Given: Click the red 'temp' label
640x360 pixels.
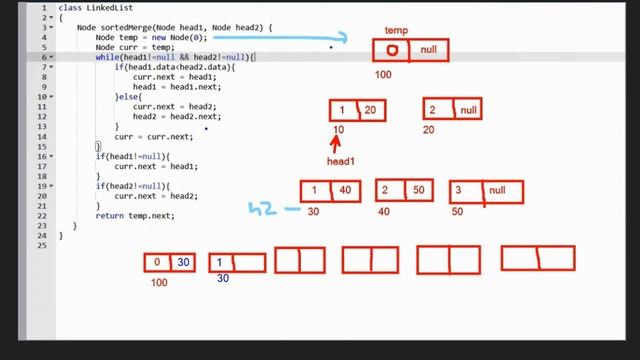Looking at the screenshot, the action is (396, 31).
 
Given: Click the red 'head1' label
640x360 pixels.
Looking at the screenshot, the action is (341, 161).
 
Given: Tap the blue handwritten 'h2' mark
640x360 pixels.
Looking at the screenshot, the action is (262, 209).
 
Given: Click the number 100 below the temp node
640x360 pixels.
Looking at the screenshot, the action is (384, 75).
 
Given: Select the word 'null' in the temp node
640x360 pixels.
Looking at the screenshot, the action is (428, 50).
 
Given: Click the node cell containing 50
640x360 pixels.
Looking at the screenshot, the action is (418, 190).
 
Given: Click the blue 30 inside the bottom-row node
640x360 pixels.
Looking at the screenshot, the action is (183, 263).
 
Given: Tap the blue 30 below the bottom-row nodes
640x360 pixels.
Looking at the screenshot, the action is (222, 279).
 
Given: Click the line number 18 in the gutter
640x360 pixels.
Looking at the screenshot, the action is (42, 176).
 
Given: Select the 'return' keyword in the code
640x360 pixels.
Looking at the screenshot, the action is (109, 215).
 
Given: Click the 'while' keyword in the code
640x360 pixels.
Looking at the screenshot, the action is (106, 57).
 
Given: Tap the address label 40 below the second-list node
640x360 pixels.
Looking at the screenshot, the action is (383, 212).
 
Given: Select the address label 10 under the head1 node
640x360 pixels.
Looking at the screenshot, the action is (338, 130).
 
